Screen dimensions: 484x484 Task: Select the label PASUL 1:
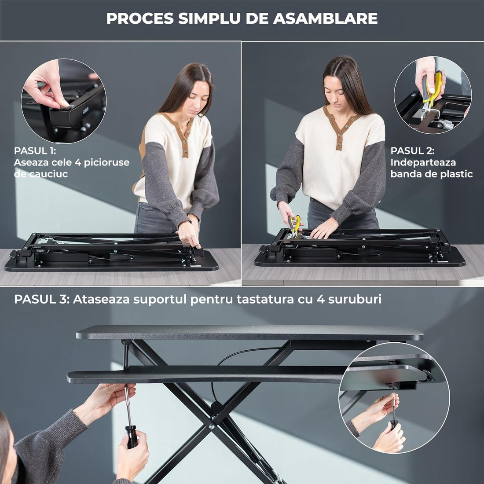[x=35, y=150]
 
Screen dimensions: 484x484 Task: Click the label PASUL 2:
[x=412, y=150]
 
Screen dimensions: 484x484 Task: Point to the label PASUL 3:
[x=41, y=299]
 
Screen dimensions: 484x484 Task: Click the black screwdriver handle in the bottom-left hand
[x=132, y=436]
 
